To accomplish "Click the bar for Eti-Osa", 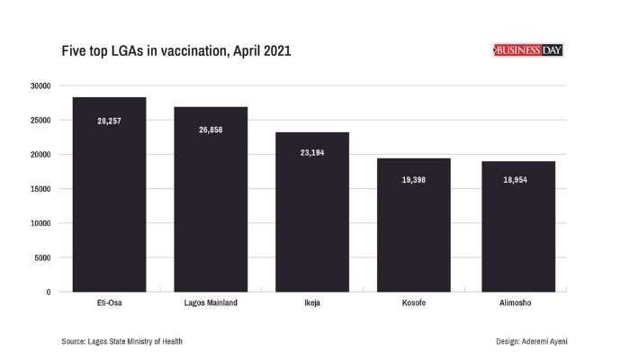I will coord(109,207).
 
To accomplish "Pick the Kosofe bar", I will coord(413,234).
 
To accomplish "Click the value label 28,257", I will coord(109,121).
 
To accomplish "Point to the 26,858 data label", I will coord(211,130).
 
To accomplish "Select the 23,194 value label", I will coord(312,153).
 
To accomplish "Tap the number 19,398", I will coord(413,180).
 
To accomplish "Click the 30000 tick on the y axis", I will coord(40,85).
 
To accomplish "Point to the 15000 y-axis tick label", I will coord(40,189).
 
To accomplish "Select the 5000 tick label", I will coord(42,257).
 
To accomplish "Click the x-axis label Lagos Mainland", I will coord(211,303).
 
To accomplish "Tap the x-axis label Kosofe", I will coord(413,303).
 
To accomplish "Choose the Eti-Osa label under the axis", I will coord(109,303).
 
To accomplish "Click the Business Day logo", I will coord(529,50).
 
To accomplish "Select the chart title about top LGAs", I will coord(175,51).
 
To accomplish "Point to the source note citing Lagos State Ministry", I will coord(127,341).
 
